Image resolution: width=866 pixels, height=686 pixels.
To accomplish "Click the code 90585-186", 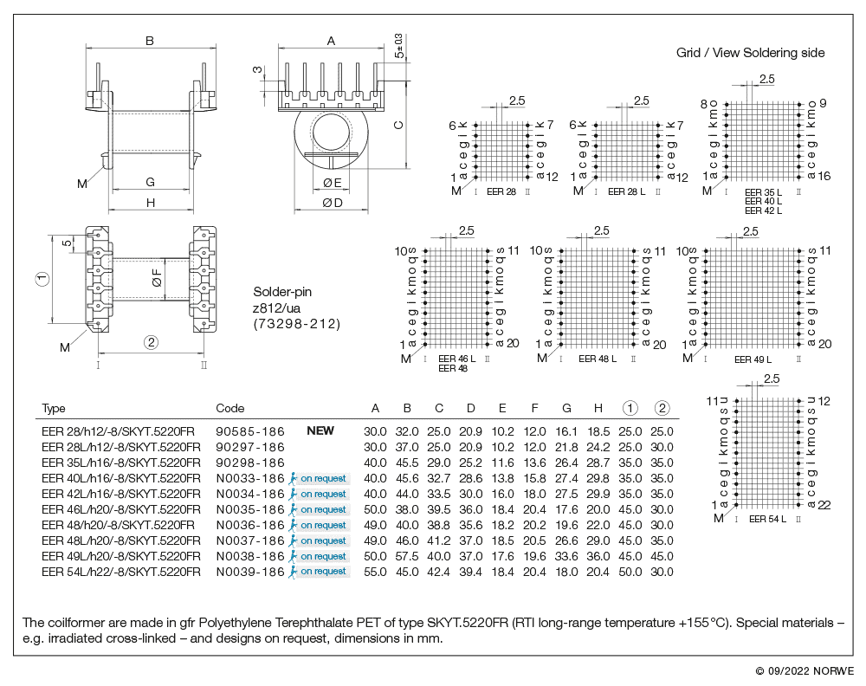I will coord(250,430).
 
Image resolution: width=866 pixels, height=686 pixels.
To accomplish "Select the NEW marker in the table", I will coord(320,430).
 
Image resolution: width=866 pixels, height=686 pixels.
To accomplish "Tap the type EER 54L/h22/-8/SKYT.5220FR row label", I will coord(121,572).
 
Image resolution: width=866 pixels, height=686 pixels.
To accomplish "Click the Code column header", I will coord(229,408).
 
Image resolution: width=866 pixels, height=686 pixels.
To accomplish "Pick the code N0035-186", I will coord(250,509).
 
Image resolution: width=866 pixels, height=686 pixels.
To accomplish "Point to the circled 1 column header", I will coord(630,408).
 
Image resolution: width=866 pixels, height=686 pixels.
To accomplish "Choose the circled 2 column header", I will coord(662,408).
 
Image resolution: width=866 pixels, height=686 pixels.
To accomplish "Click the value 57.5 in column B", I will coord(407,556).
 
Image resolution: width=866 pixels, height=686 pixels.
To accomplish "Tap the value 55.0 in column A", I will coord(375,572).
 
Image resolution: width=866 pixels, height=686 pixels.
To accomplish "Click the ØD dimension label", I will coord(333,203).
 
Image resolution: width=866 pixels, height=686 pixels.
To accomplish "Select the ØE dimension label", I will coord(333,182).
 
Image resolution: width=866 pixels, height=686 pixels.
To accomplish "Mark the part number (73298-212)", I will coord(297,324).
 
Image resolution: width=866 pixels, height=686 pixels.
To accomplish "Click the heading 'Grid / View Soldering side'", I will coord(750,53).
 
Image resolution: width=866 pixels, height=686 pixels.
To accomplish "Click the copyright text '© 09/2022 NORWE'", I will coord(805,670).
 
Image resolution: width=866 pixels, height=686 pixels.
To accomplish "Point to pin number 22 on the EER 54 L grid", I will coord(825,505).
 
